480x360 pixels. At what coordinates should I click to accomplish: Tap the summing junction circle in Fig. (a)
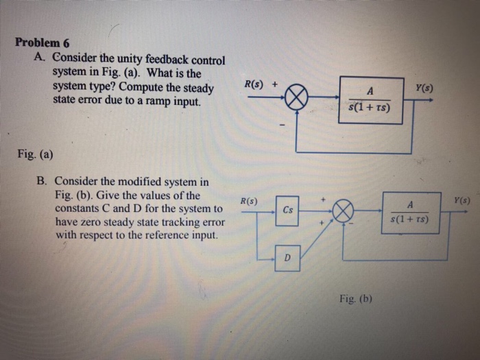tap(295, 99)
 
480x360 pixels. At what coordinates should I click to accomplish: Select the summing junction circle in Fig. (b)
tap(343, 211)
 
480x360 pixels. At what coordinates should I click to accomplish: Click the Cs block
tap(288, 211)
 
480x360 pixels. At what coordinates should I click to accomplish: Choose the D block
tap(288, 259)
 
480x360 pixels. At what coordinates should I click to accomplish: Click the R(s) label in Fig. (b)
tap(248, 202)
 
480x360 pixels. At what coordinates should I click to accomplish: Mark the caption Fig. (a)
tap(34, 154)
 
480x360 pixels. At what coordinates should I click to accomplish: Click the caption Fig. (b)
tap(355, 298)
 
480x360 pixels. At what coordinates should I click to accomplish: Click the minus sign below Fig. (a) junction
tap(282, 125)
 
